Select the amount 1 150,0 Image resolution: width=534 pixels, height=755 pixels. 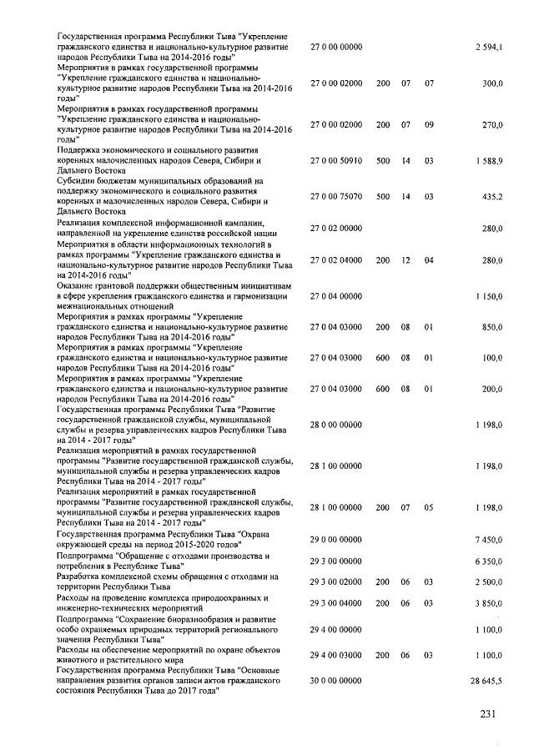pos(488,296)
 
